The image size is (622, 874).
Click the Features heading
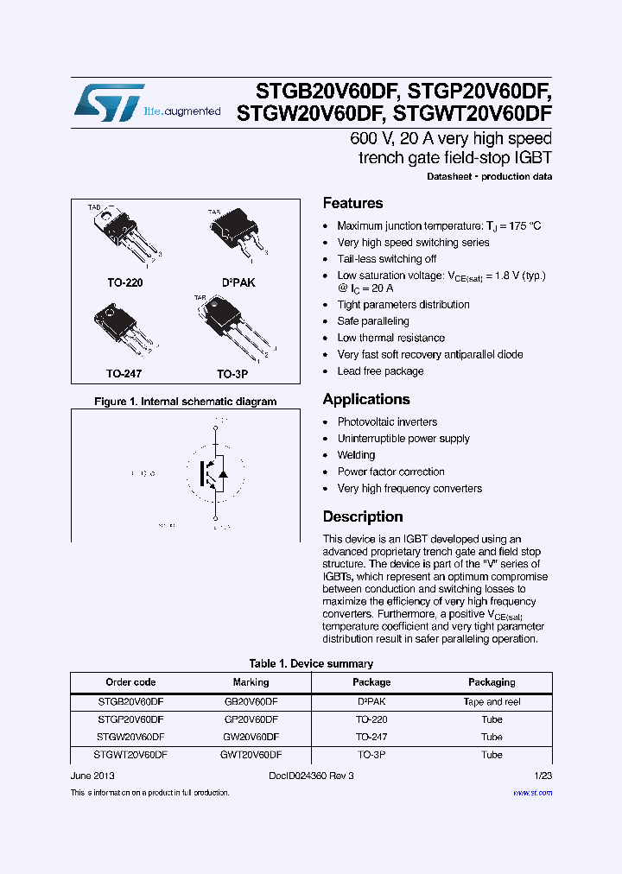pos(352,204)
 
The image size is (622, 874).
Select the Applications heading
pos(365,400)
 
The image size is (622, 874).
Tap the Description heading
pos(362,517)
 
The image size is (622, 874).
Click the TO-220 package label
pos(125,282)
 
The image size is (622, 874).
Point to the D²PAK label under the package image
pos(238,282)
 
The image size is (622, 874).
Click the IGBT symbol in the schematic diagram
pos(212,472)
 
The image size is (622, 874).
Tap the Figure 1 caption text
pos(185,402)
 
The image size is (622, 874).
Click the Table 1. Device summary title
pos(311,664)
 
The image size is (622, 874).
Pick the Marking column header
pos(251,682)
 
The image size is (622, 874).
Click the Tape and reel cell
pos(492,702)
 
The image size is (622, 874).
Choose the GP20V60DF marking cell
pos(251,719)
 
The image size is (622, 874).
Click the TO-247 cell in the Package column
pos(371,737)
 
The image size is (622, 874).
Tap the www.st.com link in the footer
pos(532,793)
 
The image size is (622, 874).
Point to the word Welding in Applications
pos(356,455)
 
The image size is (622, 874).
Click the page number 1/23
pos(543,776)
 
